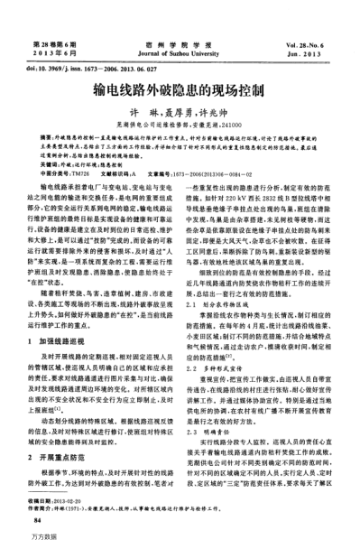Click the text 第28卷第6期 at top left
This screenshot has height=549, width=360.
[55, 42]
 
